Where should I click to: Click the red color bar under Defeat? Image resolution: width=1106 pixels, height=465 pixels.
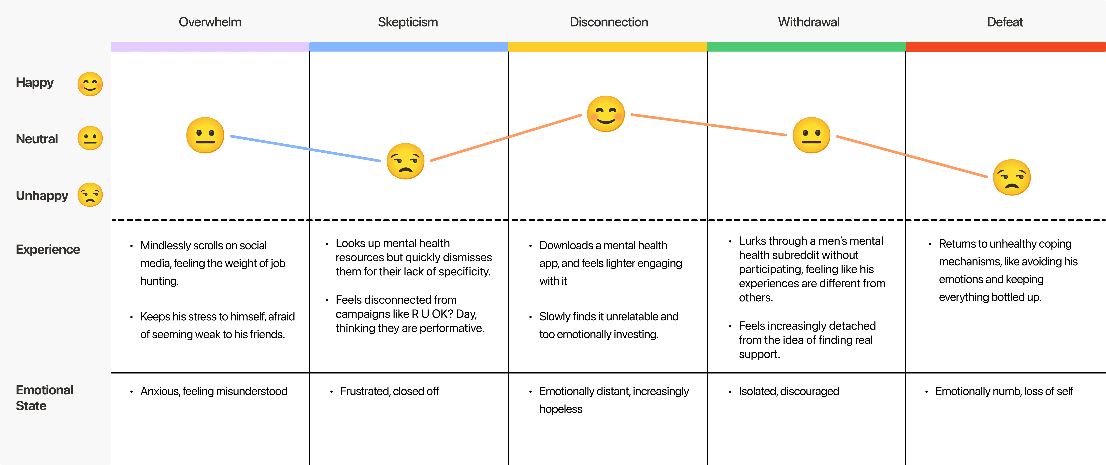pos(1005,47)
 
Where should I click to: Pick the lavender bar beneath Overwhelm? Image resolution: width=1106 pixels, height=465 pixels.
pos(210,47)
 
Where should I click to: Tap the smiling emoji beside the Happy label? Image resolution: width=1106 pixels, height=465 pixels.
pos(90,84)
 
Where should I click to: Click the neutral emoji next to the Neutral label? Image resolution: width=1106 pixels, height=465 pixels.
pos(90,138)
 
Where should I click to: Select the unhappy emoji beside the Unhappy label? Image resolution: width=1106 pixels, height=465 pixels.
pos(90,195)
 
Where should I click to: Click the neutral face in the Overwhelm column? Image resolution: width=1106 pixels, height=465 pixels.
pos(205,135)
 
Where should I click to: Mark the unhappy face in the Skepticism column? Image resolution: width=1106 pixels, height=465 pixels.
pos(405,161)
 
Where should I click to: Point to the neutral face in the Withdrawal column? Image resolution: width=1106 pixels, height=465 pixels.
pos(811,135)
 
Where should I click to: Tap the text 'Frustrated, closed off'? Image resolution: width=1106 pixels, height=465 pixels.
pos(389,391)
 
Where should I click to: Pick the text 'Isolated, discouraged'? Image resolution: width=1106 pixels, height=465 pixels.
pos(789,391)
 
